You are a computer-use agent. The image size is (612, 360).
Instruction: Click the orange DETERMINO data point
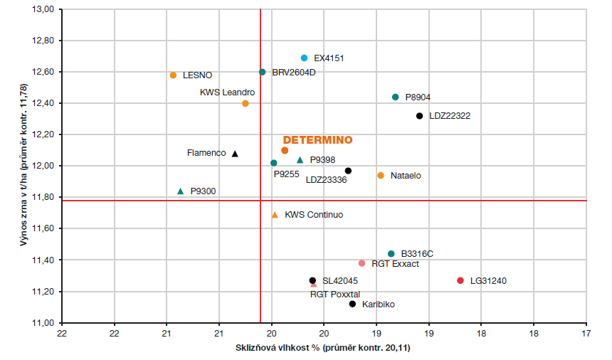[x=285, y=150]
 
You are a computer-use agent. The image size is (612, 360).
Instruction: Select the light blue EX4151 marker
[x=305, y=58]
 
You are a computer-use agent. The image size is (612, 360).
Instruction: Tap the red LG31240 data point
[x=460, y=280]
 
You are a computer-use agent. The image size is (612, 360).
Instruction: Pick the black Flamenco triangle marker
[x=235, y=153]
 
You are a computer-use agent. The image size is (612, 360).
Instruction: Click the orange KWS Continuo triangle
[x=275, y=214]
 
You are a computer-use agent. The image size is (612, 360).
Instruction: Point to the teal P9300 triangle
[x=180, y=191]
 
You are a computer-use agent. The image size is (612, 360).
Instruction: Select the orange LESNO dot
[x=173, y=75]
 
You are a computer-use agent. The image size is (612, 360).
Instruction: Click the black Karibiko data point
[x=352, y=304]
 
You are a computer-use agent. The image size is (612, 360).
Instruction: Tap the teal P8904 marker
[x=396, y=97]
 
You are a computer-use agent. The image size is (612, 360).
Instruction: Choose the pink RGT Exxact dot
[x=362, y=263]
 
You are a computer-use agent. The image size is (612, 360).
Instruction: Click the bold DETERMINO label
[x=318, y=139]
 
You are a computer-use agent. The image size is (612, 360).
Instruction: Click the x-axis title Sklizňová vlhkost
[x=323, y=349]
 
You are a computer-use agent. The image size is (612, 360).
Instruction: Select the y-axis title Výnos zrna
[x=23, y=166]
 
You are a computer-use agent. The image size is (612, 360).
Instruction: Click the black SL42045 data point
[x=312, y=280]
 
